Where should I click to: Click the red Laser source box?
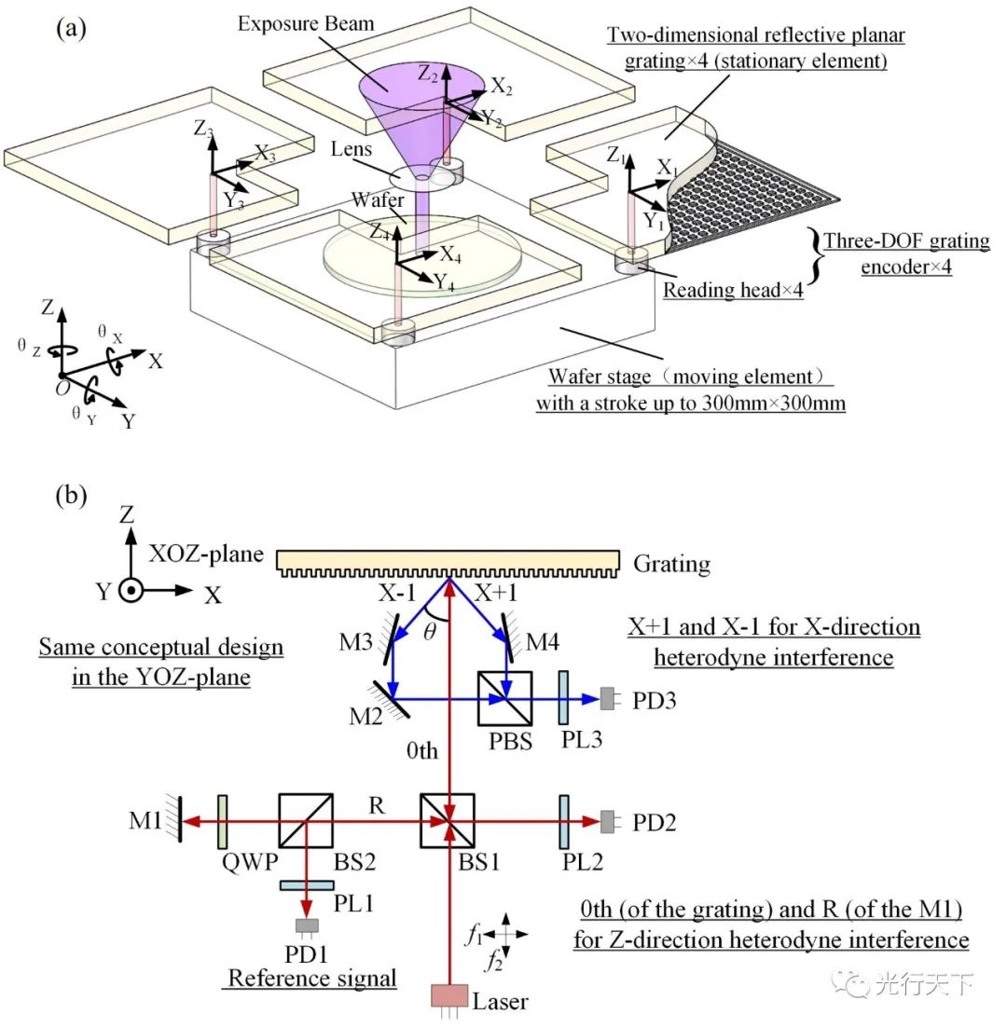pos(449,996)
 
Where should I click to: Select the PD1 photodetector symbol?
pos(307,926)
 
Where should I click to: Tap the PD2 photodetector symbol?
pos(608,821)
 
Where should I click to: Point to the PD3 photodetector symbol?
pos(608,699)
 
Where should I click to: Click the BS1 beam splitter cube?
pos(447,821)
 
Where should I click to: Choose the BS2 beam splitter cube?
pos(306,821)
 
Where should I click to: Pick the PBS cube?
pos(504,698)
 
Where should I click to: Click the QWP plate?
pos(223,822)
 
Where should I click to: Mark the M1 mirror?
pos(178,821)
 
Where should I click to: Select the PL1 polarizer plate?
pos(307,885)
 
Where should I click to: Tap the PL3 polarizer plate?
pos(563,697)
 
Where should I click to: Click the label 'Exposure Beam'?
pos(306,24)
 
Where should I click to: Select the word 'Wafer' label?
pos(378,199)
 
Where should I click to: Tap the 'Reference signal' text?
pos(312,979)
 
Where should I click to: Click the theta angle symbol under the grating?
pos(430,631)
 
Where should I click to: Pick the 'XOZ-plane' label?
pos(206,555)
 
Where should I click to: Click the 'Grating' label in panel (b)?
pos(671,565)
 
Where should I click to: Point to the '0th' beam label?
pos(421,750)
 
